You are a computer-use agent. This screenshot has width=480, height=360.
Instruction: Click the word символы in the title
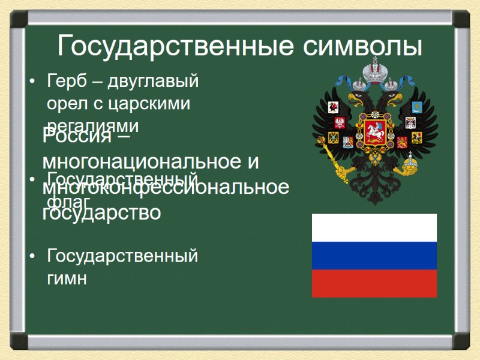tap(358, 46)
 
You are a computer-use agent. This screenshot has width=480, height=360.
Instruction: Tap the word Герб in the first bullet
tap(65, 80)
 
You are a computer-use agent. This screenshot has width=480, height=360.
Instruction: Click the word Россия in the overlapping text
tap(78, 137)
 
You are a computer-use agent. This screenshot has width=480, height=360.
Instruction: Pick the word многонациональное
tap(142, 161)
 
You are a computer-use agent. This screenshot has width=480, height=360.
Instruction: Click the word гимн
tap(67, 278)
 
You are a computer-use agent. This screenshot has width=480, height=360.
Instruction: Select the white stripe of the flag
tap(374, 227)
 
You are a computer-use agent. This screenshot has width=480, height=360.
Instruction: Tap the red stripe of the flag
tap(374, 283)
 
